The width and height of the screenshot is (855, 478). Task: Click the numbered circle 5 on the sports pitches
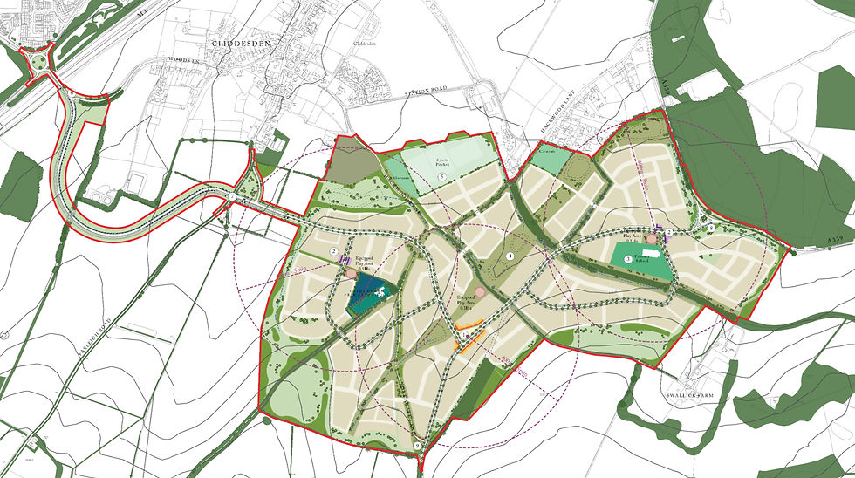[442, 177]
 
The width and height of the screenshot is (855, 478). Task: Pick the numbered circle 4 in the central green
[509, 256]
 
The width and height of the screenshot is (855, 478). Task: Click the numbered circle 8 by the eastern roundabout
[711, 228]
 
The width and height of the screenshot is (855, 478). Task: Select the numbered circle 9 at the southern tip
[417, 447]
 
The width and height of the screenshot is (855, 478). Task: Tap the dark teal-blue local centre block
[366, 296]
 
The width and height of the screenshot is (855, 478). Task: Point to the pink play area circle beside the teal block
[351, 273]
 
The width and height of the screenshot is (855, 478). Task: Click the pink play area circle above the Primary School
[650, 238]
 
